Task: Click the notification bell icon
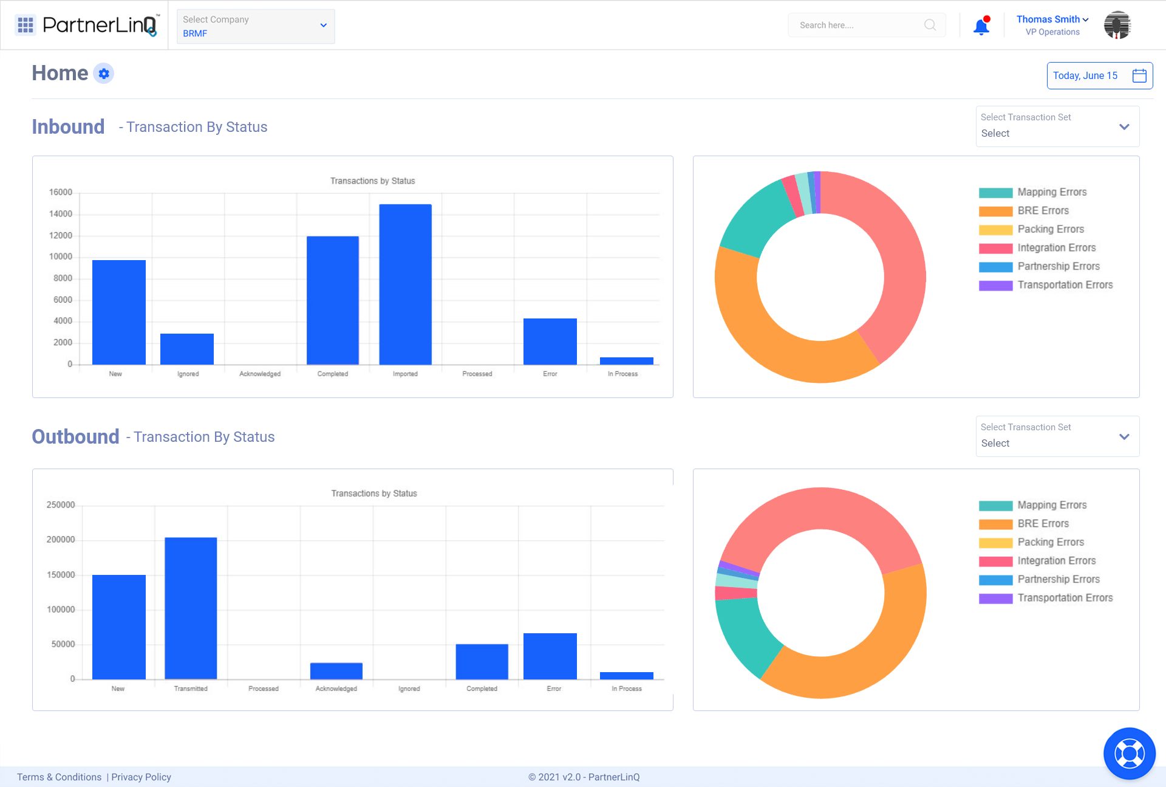pyautogui.click(x=981, y=27)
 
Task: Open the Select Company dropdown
pyautogui.click(x=256, y=26)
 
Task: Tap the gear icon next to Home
pyautogui.click(x=104, y=74)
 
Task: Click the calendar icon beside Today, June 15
pyautogui.click(x=1139, y=75)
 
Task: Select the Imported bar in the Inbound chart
pyautogui.click(x=405, y=284)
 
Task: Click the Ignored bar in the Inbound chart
pyautogui.click(x=187, y=349)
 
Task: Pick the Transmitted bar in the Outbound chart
pyautogui.click(x=191, y=608)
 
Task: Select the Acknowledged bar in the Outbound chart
pyautogui.click(x=336, y=671)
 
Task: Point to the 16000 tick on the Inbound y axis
pyautogui.click(x=61, y=193)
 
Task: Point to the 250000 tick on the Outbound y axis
pyautogui.click(x=61, y=505)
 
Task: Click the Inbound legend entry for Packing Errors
pyautogui.click(x=1050, y=229)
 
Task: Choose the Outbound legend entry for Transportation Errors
pyautogui.click(x=1065, y=598)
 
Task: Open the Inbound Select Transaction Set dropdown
pyautogui.click(x=1057, y=126)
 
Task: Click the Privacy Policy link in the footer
pyautogui.click(x=141, y=777)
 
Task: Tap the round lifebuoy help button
pyautogui.click(x=1129, y=754)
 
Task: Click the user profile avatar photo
pyautogui.click(x=1117, y=26)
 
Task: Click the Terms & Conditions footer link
pyautogui.click(x=60, y=777)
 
